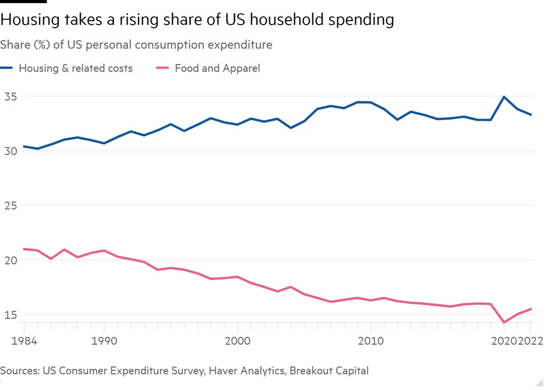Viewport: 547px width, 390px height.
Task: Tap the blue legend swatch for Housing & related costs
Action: click(7, 68)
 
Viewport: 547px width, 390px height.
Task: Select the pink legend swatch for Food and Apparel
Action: click(162, 68)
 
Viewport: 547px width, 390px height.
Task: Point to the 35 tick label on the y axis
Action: click(11, 96)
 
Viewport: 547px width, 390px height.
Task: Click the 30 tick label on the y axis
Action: click(11, 151)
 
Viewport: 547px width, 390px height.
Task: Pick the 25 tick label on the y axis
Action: click(11, 205)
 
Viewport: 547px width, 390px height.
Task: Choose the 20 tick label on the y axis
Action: click(11, 260)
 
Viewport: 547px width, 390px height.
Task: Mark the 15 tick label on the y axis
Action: click(11, 315)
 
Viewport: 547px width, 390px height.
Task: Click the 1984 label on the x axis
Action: click(24, 341)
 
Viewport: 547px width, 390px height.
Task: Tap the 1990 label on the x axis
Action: click(104, 341)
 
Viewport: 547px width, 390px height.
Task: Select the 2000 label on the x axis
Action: click(238, 341)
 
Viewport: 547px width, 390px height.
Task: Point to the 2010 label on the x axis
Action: click(371, 341)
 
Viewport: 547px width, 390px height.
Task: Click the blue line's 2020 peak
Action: click(504, 97)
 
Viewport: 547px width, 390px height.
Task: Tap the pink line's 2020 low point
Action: click(504, 322)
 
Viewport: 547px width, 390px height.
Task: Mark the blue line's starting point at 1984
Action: click(24, 146)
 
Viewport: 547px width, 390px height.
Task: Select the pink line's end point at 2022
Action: click(531, 309)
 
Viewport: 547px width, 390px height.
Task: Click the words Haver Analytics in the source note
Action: click(247, 370)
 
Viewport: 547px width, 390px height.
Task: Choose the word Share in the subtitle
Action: click(15, 45)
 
